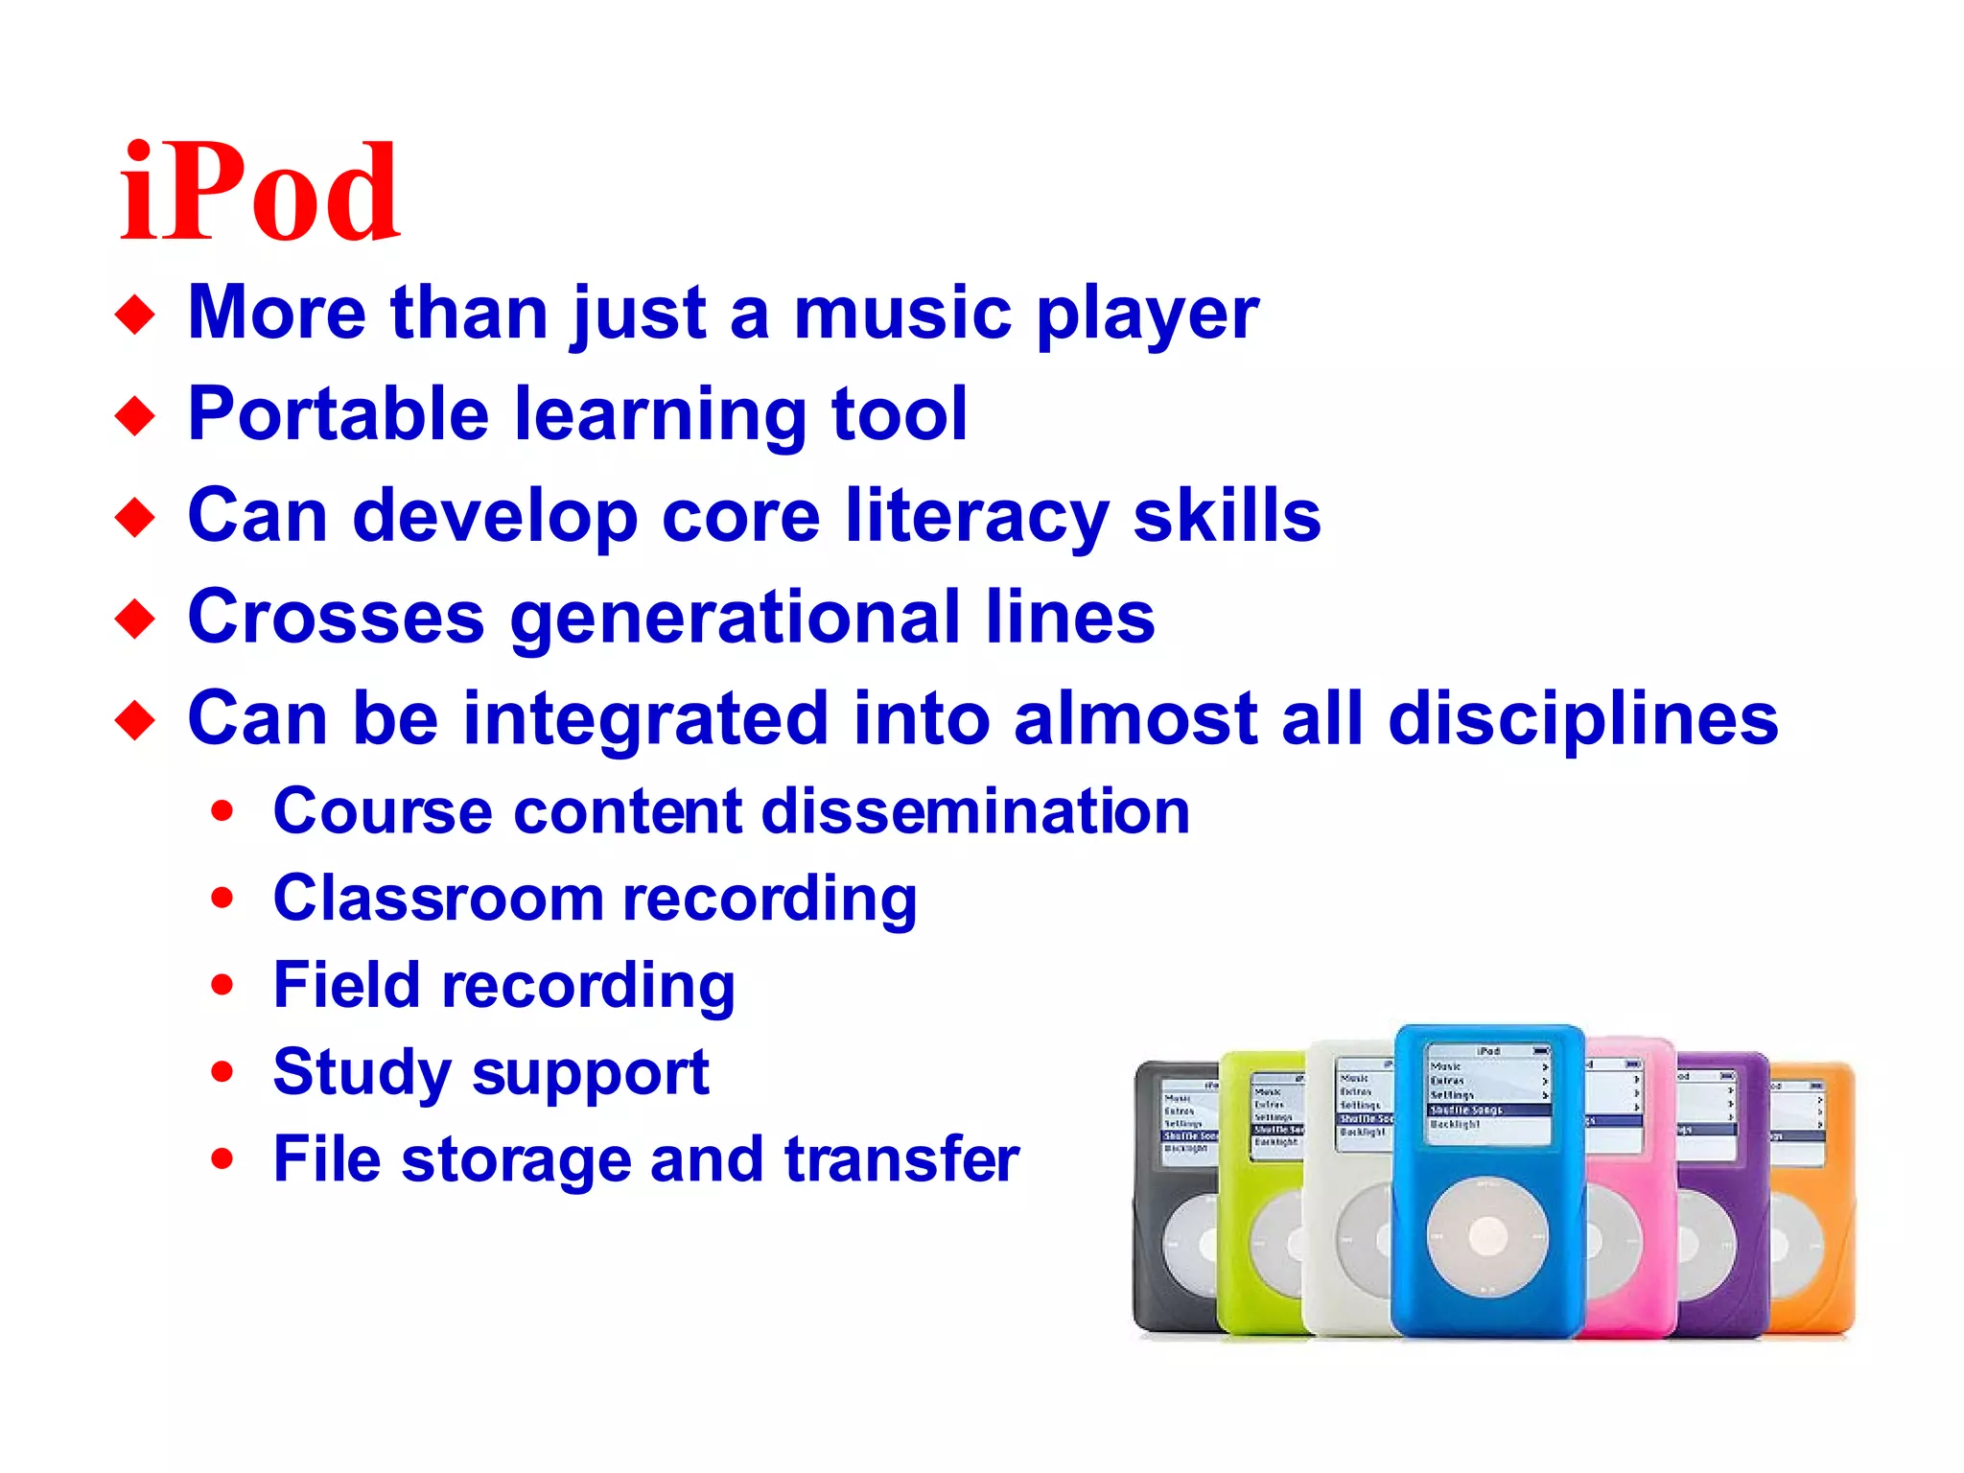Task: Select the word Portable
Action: pos(339,414)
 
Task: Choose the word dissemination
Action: pos(975,811)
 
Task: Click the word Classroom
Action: pos(437,900)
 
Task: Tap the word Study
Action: pos(362,1073)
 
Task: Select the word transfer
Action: pos(901,1158)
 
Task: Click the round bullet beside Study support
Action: pos(222,1072)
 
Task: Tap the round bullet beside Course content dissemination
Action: pos(222,811)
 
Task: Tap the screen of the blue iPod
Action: pos(1488,1093)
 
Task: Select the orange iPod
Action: pos(1814,1199)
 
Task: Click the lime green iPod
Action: pos(1258,1199)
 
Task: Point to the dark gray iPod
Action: pos(1172,1199)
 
